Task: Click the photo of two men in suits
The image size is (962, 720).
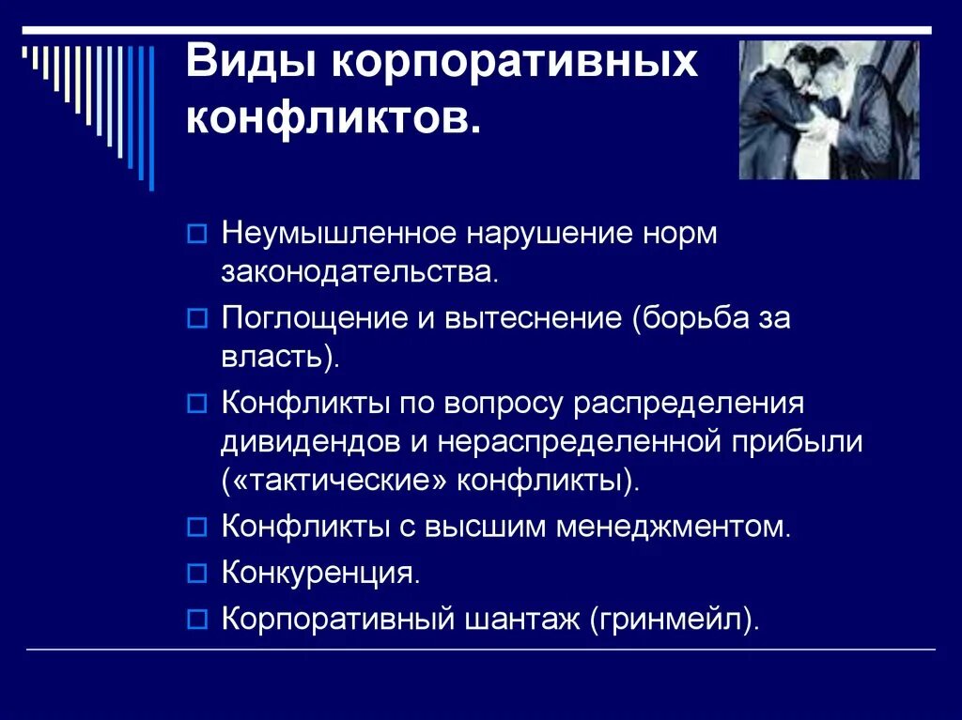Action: click(x=829, y=110)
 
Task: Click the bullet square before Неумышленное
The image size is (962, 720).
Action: click(x=195, y=234)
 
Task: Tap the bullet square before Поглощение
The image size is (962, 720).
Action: click(x=195, y=320)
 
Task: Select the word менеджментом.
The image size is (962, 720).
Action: click(x=674, y=526)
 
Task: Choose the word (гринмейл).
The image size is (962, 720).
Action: click(x=675, y=619)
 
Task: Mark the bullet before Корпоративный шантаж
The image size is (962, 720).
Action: click(x=195, y=619)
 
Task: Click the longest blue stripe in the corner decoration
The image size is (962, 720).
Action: click(x=150, y=117)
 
